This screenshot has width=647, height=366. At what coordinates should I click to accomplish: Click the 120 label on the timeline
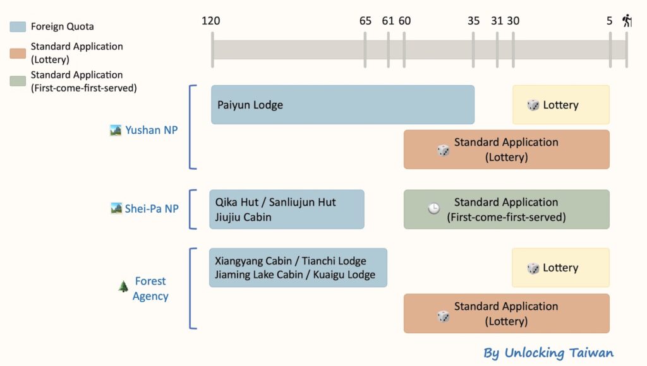point(211,21)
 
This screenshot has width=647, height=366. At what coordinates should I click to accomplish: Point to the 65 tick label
point(365,21)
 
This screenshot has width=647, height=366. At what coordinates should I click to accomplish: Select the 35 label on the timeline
point(474,21)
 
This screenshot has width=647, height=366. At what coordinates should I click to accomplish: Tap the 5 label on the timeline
point(610,21)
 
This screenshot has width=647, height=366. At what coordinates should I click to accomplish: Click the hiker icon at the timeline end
point(627,20)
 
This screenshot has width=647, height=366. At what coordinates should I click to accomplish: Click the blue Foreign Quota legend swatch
point(18,27)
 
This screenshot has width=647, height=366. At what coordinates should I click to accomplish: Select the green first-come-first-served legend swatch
point(18,81)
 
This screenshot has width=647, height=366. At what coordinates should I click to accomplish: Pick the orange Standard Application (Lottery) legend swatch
point(18,53)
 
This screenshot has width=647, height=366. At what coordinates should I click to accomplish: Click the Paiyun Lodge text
point(250,105)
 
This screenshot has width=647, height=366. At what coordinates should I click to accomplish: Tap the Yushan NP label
point(151,130)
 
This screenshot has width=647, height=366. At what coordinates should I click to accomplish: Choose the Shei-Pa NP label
point(152,208)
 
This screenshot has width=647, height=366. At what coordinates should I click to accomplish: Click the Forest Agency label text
point(150,288)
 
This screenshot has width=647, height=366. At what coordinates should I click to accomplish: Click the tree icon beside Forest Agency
point(123,287)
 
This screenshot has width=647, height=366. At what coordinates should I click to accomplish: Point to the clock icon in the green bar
point(434,209)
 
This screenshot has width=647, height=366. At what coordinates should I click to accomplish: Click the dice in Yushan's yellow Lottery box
point(533,105)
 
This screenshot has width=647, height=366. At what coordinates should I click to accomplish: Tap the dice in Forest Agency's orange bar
point(444,316)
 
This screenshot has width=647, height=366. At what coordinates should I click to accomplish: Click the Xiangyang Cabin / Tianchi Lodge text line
point(291,261)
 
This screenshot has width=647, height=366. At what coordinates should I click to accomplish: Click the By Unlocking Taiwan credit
point(548,352)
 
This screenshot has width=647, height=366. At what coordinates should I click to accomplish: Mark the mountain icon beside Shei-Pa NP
point(116,208)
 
